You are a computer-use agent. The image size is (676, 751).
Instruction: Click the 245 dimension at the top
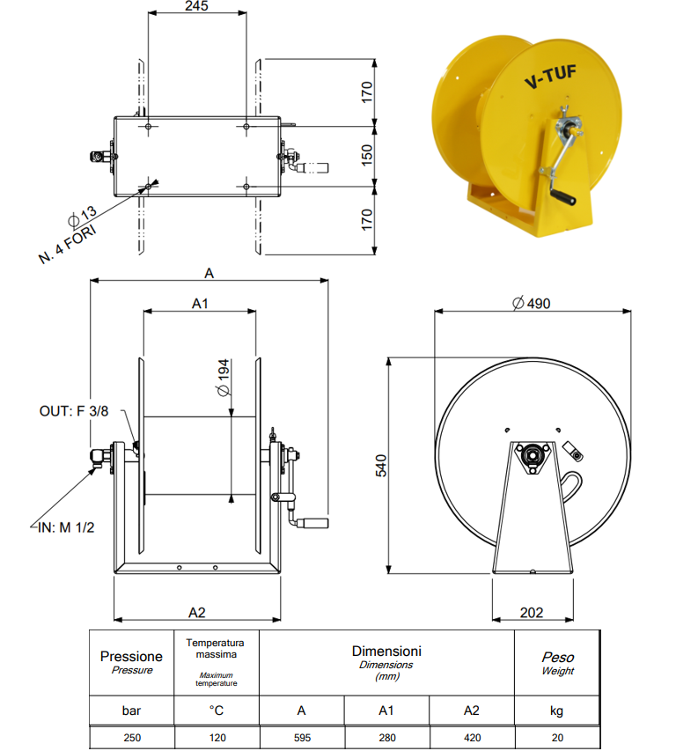point(196,6)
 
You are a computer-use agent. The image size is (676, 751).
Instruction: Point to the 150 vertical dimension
point(367,155)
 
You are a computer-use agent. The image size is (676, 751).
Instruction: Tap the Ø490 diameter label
point(532,303)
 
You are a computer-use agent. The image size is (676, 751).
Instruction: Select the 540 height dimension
point(380,466)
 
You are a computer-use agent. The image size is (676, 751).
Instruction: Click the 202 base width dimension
point(532,613)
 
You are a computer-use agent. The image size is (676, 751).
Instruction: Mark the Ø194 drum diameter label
point(224,378)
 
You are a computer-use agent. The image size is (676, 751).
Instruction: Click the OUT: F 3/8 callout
point(74,411)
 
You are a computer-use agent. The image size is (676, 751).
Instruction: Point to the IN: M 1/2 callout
point(66,527)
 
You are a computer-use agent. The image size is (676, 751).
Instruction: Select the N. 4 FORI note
point(67,244)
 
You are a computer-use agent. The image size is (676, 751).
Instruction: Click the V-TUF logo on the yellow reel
point(550,77)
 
